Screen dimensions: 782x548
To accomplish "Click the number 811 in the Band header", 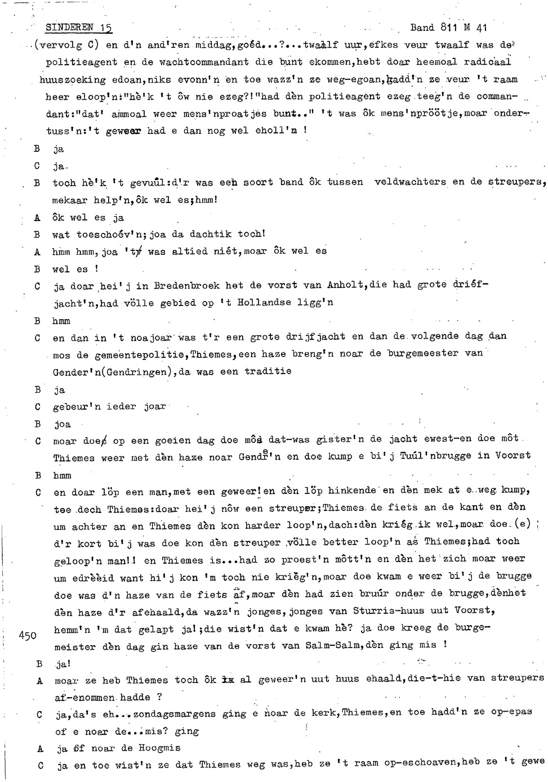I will click(x=449, y=27).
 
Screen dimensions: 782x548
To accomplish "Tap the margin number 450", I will click(x=28, y=636).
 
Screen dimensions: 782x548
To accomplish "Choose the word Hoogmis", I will click(x=172, y=748).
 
